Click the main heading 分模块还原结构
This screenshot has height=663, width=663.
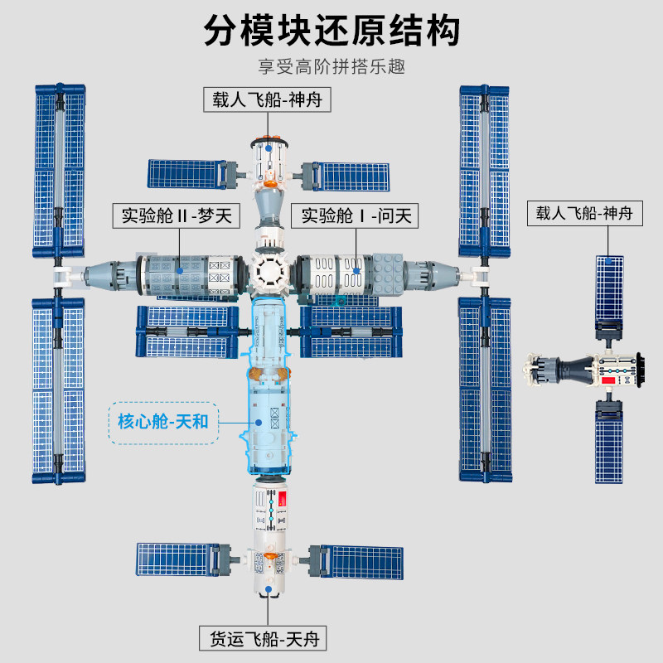pyautogui.click(x=332, y=30)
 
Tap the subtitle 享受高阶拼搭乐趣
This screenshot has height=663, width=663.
pyautogui.click(x=332, y=67)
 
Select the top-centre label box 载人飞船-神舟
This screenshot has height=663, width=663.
pyautogui.click(x=267, y=99)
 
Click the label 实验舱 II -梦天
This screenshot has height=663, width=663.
pyautogui.click(x=177, y=215)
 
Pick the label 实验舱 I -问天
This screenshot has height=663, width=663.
pyautogui.click(x=355, y=215)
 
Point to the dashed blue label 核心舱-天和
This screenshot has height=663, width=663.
pyautogui.click(x=163, y=423)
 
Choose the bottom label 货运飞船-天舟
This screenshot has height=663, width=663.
pyautogui.click(x=263, y=638)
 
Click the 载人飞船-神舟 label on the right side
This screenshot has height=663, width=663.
pyautogui.click(x=585, y=213)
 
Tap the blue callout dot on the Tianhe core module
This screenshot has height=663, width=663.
pyautogui.click(x=259, y=423)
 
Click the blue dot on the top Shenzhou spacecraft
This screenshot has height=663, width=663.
pyautogui.click(x=268, y=148)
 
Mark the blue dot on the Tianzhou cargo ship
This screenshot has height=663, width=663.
pyautogui.click(x=268, y=589)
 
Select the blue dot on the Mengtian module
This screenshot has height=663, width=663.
pyautogui.click(x=180, y=271)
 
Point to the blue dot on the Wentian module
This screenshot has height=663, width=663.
pyautogui.click(x=356, y=271)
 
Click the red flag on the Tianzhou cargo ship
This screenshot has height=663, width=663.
pyautogui.click(x=282, y=499)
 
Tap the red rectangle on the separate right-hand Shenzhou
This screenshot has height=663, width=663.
pyautogui.click(x=607, y=380)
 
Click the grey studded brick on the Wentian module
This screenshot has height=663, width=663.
pyautogui.click(x=387, y=274)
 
